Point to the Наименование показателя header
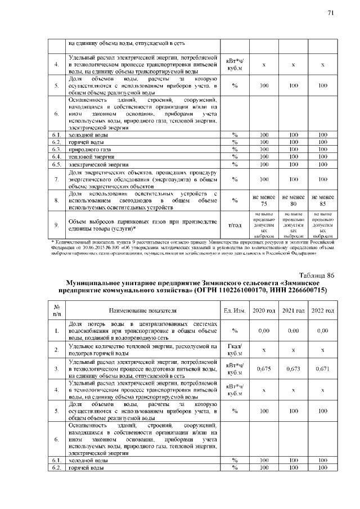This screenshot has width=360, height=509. (143, 310)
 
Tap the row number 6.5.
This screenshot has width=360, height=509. (57, 164)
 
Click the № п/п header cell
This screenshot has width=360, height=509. (57, 310)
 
